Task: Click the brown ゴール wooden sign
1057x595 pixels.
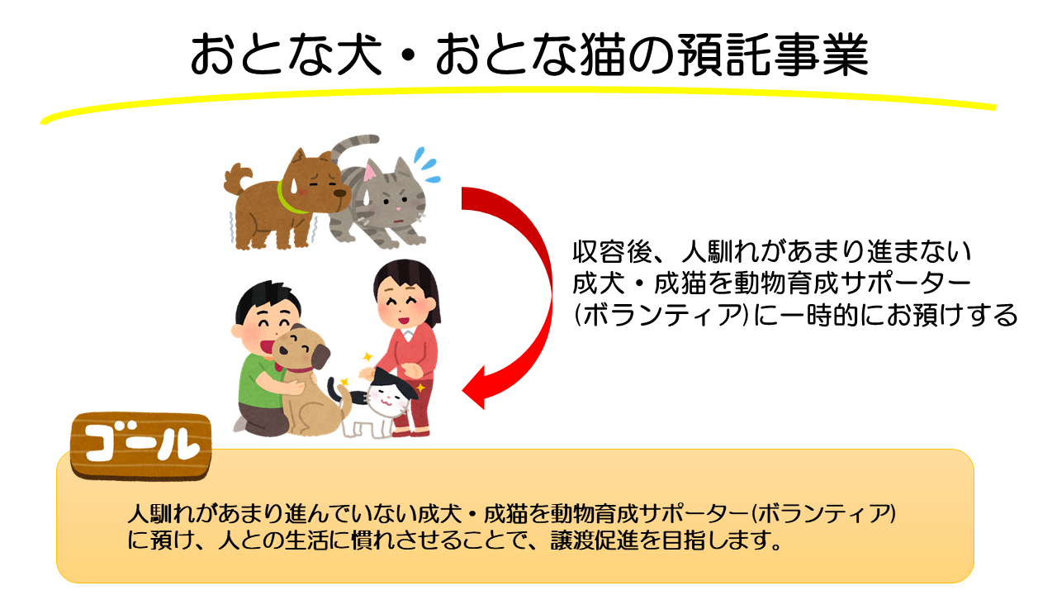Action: [140, 445]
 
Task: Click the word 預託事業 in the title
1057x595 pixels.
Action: [772, 55]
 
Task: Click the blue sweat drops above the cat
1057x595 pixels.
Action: [425, 164]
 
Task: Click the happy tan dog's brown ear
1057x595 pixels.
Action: [320, 356]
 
